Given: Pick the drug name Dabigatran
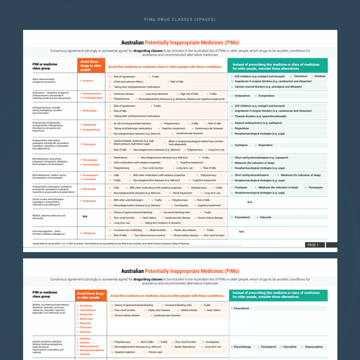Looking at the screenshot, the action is point(90,233).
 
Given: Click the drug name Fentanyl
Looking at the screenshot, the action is point(89,356).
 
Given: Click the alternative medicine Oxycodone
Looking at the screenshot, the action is point(302,346).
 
